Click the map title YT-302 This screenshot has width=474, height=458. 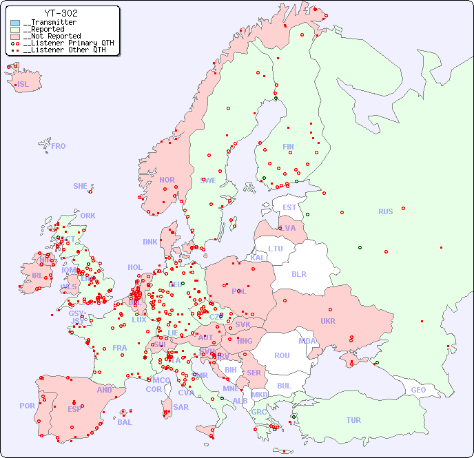tap(61, 13)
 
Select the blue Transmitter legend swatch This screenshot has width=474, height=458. tap(15, 23)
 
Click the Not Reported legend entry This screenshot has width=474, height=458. tap(52, 36)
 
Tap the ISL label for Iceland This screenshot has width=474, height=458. tap(23, 85)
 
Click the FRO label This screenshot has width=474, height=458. tap(59, 146)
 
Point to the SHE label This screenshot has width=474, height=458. tap(80, 186)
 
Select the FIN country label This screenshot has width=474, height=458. tap(288, 147)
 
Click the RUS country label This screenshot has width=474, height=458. tap(385, 211)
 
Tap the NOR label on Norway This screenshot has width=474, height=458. tap(167, 180)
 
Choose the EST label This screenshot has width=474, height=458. tap(289, 207)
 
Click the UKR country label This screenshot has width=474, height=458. tap(327, 321)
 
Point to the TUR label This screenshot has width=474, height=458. tap(353, 420)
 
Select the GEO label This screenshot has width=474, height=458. tap(418, 390)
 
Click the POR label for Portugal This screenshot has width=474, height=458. tap(27, 406)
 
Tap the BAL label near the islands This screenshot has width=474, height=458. tap(125, 422)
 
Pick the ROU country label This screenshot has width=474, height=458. tap(282, 355)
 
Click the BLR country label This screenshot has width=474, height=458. tap(298, 273)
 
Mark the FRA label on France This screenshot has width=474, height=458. tap(120, 348)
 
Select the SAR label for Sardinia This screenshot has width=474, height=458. tap(181, 407)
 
